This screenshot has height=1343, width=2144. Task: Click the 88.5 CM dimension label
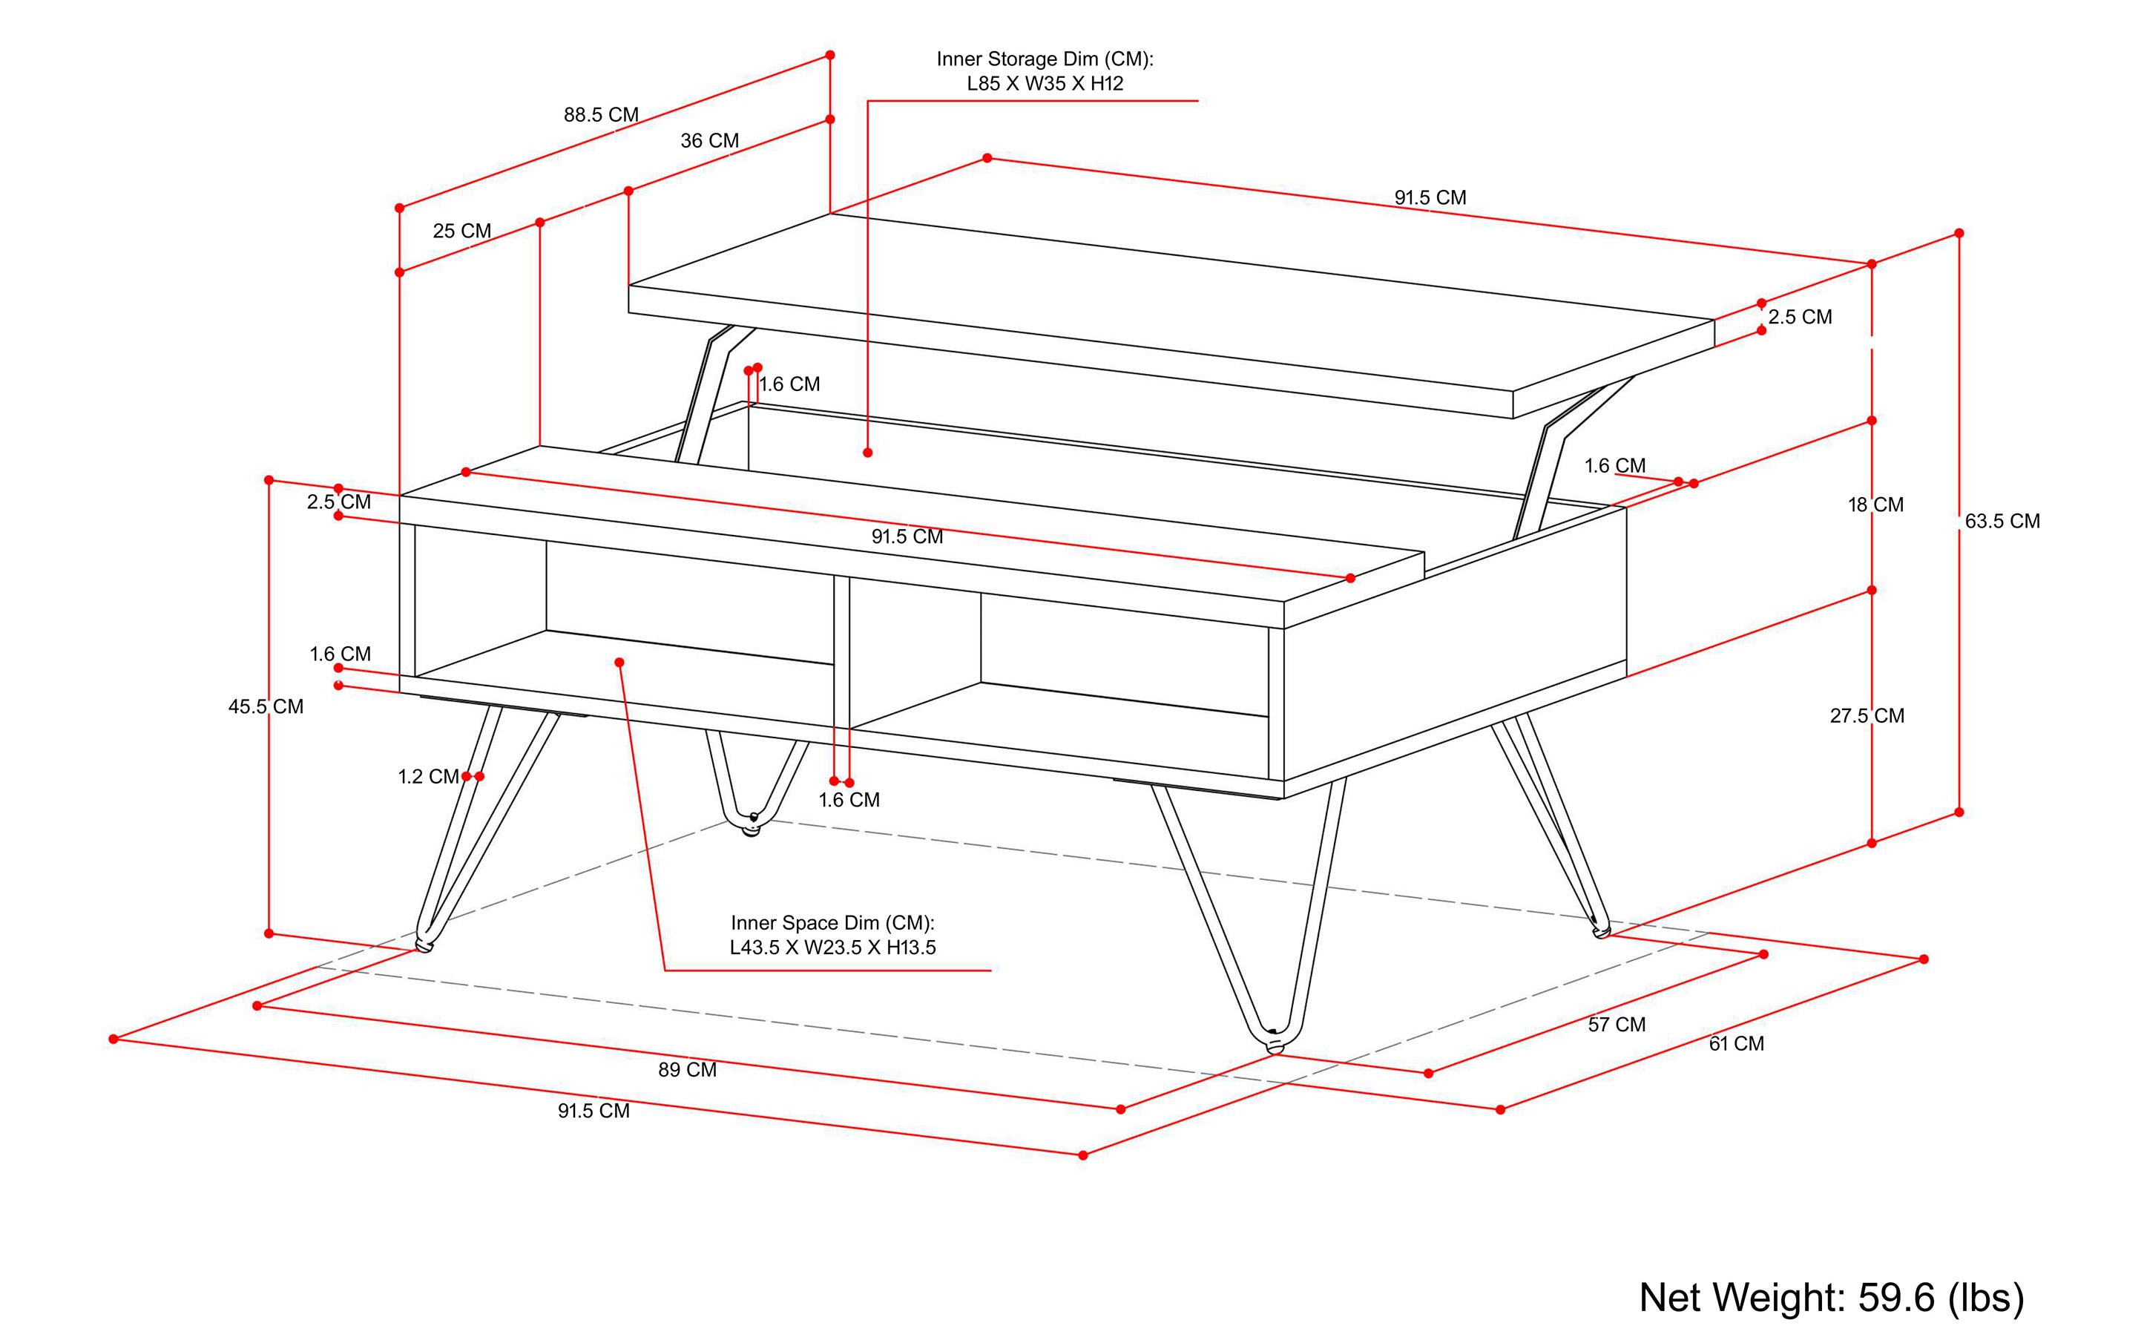click(x=600, y=114)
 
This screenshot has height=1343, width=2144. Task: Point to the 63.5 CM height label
click(x=2001, y=522)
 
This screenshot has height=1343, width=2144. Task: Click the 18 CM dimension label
click(x=1875, y=505)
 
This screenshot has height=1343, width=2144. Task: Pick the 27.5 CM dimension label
click(x=1866, y=716)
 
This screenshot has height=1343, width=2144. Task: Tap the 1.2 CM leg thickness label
click(x=427, y=777)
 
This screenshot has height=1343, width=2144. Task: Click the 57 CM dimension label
click(x=1617, y=1025)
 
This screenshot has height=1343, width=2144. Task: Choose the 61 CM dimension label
click(x=1735, y=1045)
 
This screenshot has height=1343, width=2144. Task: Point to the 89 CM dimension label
click(x=686, y=1070)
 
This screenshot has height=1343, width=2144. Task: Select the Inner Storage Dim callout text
click(x=1045, y=71)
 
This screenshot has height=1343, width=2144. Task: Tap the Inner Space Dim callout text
click(x=832, y=936)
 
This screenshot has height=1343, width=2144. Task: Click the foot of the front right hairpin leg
click(x=1275, y=1044)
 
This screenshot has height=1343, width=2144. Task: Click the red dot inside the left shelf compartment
click(x=619, y=663)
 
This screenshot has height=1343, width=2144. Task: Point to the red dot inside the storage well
click(x=868, y=453)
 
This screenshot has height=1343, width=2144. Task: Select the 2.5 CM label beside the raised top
click(x=1799, y=317)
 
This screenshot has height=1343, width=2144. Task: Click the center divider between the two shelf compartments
click(x=841, y=653)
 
